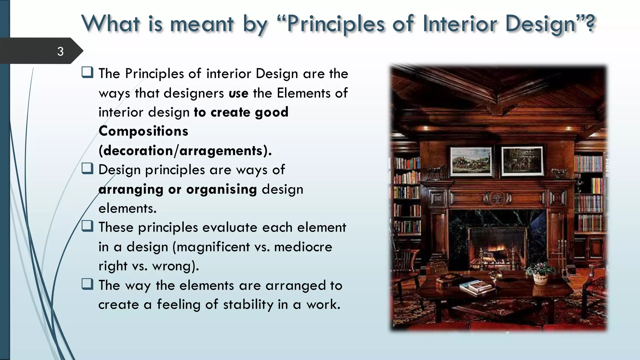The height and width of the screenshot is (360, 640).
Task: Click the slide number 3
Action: click(x=60, y=51)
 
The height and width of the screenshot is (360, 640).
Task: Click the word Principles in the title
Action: click(x=336, y=24)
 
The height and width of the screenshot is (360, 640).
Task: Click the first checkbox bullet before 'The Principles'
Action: click(x=87, y=72)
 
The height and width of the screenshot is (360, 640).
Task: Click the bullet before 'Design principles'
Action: click(x=87, y=169)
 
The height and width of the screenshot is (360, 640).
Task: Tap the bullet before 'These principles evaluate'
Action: click(x=87, y=226)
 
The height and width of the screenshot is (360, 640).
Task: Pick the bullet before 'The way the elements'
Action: click(x=87, y=284)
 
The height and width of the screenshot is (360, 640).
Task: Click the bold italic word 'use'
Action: click(x=238, y=93)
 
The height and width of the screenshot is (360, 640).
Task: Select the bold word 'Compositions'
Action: click(x=143, y=131)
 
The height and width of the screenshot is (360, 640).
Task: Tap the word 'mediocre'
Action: click(x=303, y=247)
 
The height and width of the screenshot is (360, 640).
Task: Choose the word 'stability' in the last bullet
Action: click(x=248, y=305)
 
